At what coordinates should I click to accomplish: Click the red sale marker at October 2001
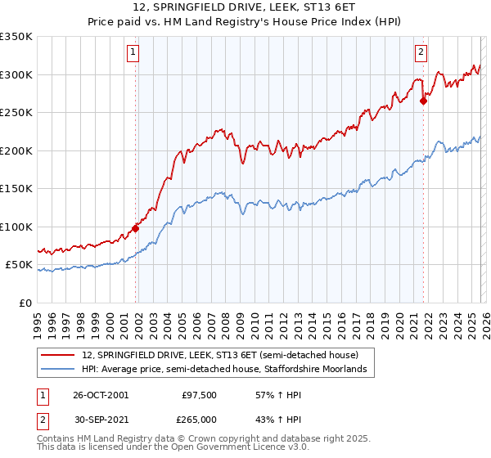136,229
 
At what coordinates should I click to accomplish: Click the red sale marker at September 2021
423,101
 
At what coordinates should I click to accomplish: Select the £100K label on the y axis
16,227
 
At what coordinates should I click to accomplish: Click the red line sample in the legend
60,355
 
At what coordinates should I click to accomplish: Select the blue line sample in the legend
60,370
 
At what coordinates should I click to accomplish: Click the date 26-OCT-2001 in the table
101,395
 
